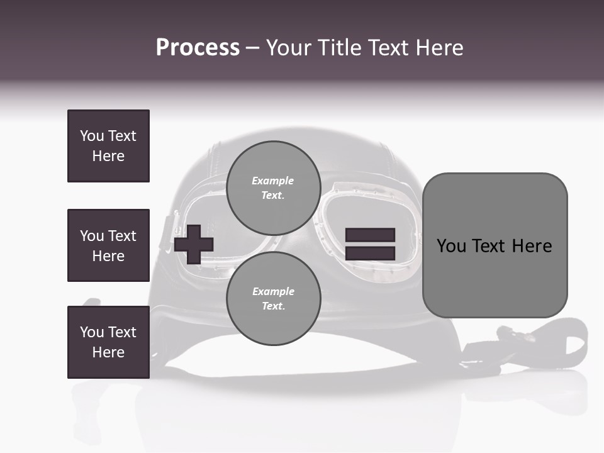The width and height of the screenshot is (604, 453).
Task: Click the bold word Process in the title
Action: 198,48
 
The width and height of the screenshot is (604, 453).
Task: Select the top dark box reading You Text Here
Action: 108,146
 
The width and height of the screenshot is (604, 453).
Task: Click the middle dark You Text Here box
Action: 108,245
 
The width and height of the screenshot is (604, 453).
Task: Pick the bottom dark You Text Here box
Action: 108,342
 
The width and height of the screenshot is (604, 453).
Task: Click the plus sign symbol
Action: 194,243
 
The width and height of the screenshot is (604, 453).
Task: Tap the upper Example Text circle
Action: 273,187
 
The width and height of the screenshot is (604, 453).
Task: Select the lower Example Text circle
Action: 273,298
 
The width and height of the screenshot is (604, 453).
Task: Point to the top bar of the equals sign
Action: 370,235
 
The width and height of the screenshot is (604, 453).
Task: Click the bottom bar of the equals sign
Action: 370,253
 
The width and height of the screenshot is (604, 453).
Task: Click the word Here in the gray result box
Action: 532,245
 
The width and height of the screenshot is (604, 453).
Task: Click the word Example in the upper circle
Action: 273,181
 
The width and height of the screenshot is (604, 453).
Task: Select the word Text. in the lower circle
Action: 273,306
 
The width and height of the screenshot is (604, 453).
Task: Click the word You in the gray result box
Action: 452,245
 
